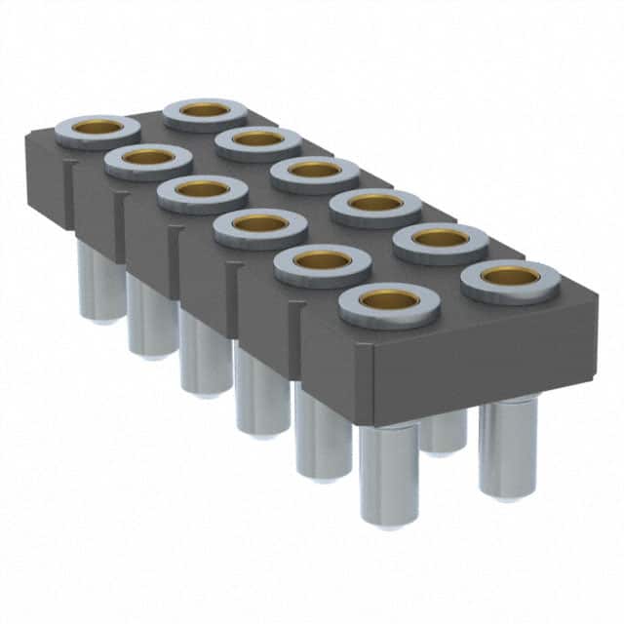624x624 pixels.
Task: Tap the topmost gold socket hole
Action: (205, 110)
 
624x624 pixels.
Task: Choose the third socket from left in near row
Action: (203, 190)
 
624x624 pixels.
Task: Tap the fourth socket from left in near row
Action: (260, 224)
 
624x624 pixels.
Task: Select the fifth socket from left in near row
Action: (323, 260)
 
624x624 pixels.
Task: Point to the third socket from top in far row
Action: (315, 171)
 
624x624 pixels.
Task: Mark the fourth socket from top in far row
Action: (375, 204)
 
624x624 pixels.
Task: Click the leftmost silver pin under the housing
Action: (97, 283)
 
